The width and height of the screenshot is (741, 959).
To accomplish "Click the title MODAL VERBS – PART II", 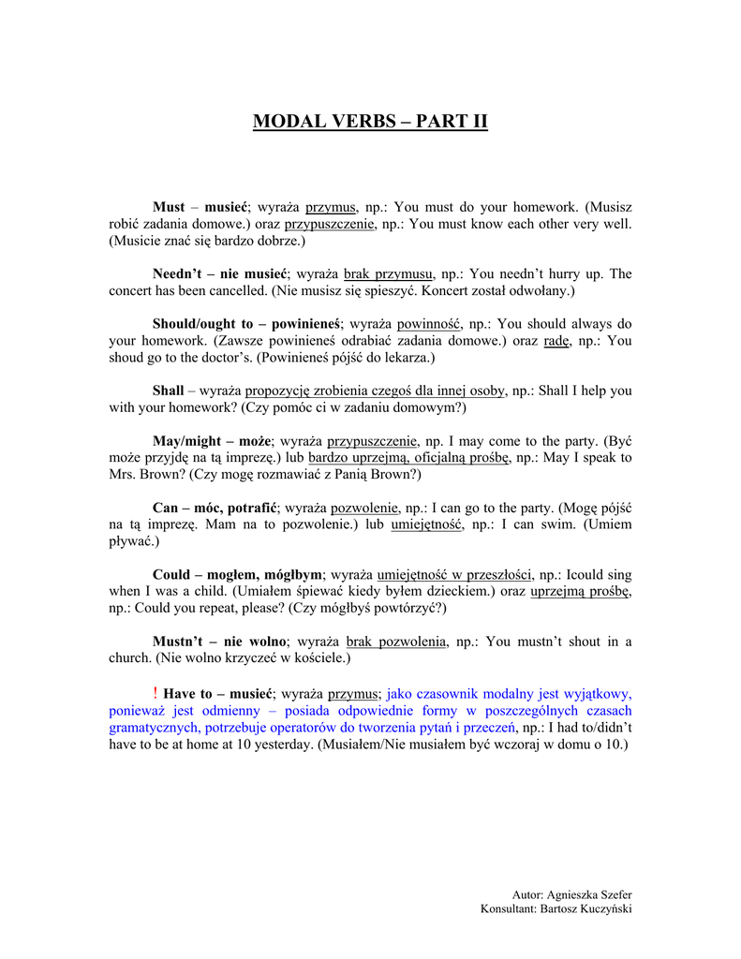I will point(370,122).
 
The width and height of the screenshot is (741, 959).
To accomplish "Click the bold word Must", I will point(169,207).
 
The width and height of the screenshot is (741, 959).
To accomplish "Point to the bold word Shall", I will point(169,391).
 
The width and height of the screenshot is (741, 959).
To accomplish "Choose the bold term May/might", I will point(185,440).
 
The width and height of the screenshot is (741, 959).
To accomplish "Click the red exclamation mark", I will point(155,693).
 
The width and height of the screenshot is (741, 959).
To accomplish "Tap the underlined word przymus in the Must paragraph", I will point(331,207).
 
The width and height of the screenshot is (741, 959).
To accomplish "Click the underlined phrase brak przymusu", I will point(388,274).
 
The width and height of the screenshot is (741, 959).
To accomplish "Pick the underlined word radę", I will point(556,341).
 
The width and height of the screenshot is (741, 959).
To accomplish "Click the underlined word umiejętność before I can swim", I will point(426,524).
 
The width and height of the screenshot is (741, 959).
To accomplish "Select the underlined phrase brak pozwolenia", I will point(395,642).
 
